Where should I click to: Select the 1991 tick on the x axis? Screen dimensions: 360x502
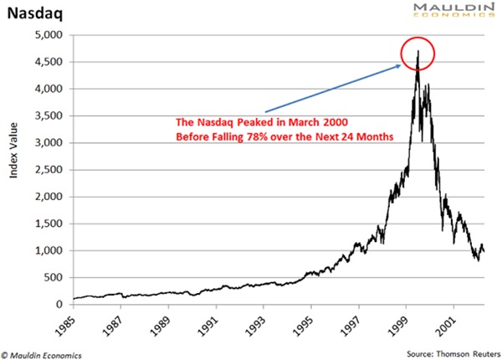217,323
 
